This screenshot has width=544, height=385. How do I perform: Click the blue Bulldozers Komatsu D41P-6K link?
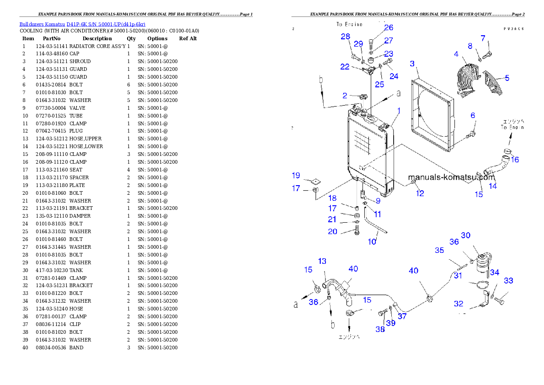click(82, 24)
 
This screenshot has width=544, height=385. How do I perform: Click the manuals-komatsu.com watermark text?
click(451, 177)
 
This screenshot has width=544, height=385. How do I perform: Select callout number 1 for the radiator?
click(399, 111)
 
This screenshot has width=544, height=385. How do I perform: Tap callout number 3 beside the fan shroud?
click(412, 64)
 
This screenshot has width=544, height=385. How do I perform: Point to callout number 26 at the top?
click(389, 28)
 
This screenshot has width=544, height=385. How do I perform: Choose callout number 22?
click(345, 67)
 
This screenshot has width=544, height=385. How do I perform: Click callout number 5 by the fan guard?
click(507, 78)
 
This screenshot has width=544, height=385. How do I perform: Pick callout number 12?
click(420, 193)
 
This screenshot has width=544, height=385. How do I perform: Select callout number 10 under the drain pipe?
click(372, 241)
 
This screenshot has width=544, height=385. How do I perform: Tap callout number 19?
click(296, 176)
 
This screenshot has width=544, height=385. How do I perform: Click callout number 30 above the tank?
click(465, 235)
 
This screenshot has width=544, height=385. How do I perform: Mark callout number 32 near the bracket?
click(459, 304)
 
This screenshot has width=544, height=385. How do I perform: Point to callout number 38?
click(380, 329)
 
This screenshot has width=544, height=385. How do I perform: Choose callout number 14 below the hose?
click(493, 186)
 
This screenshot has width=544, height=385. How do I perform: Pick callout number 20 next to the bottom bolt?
click(332, 231)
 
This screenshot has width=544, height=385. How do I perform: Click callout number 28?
click(346, 37)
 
